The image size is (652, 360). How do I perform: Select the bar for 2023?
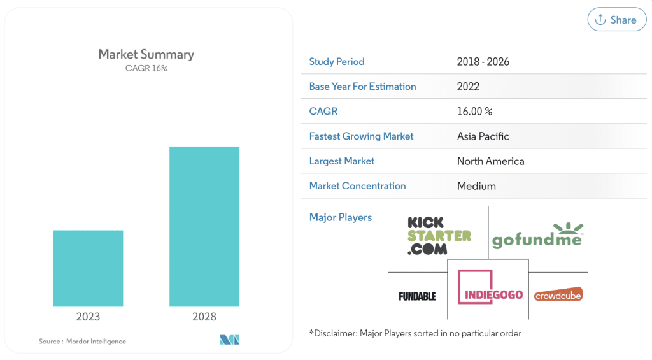tap(88, 268)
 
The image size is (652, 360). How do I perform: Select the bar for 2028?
tap(204, 226)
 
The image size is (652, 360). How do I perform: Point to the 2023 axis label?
tap(88, 317)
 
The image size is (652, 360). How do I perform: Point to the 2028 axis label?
tap(204, 317)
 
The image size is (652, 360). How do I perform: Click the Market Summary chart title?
tap(146, 54)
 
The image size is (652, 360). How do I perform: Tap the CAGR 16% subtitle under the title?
tap(146, 68)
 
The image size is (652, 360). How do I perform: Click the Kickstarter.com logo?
tap(439, 235)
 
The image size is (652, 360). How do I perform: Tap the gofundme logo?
tap(537, 236)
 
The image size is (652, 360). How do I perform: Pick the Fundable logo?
tap(417, 296)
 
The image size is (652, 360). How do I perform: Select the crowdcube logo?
tap(558, 295)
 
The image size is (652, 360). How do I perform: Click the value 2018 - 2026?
tap(483, 62)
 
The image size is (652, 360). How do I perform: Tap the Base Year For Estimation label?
tap(362, 87)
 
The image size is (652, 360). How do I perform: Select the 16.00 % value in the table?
tap(474, 112)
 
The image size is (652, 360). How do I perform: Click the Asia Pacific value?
tap(483, 136)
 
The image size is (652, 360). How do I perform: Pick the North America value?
tap(490, 161)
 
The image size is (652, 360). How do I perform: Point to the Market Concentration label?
tap(357, 186)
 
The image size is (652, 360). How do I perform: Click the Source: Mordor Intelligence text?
tap(82, 342)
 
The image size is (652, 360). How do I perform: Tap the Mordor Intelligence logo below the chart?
tap(229, 340)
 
